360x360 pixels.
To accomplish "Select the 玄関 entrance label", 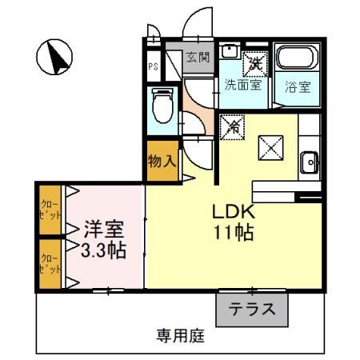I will pyautogui.click(x=198, y=58).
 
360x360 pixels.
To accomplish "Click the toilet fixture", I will pyautogui.click(x=162, y=105).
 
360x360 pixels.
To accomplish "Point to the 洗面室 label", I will pyautogui.click(x=243, y=83).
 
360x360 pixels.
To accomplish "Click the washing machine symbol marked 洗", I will pyautogui.click(x=254, y=60).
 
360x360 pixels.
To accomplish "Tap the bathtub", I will pyautogui.click(x=298, y=60).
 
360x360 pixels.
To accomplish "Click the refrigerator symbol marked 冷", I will pyautogui.click(x=235, y=125).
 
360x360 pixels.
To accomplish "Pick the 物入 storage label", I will pyautogui.click(x=162, y=161).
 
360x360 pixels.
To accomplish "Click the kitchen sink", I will pyautogui.click(x=309, y=163).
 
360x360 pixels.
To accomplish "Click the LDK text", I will pyautogui.click(x=233, y=212).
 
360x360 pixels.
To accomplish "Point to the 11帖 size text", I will pyautogui.click(x=233, y=234).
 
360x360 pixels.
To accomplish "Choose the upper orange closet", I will pyautogui.click(x=50, y=210).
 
